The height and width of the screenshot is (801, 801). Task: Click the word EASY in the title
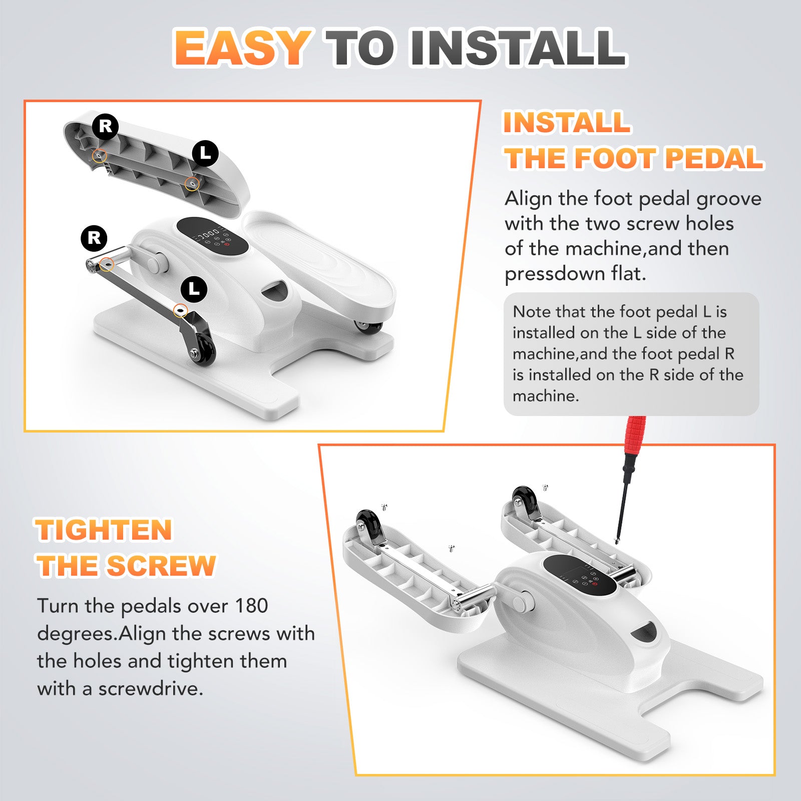tap(242, 48)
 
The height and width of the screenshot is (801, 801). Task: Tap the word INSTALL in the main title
tap(518, 48)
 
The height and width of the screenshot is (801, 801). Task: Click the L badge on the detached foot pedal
tap(205, 153)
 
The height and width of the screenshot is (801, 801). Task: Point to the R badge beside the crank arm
tap(94, 238)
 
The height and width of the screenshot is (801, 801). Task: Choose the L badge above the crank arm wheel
tap(194, 289)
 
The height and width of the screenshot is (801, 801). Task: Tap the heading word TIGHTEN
tap(104, 530)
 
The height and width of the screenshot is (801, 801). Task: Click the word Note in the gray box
tap(532, 312)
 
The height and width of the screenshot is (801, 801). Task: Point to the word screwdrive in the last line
tap(151, 689)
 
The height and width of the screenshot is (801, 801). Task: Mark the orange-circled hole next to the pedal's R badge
tap(100, 156)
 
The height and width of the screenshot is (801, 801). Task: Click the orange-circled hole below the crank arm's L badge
tap(180, 311)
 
